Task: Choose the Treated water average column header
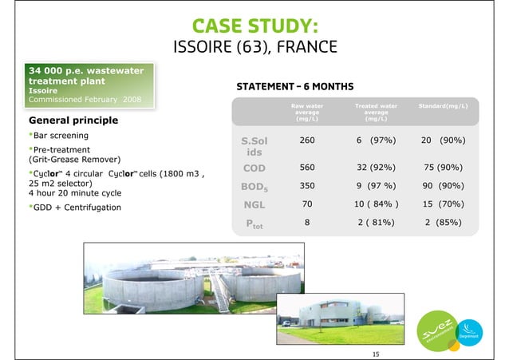click(x=375, y=115)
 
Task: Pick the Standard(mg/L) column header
click(x=443, y=105)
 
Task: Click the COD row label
click(x=252, y=169)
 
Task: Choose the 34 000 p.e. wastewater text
click(x=86, y=71)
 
